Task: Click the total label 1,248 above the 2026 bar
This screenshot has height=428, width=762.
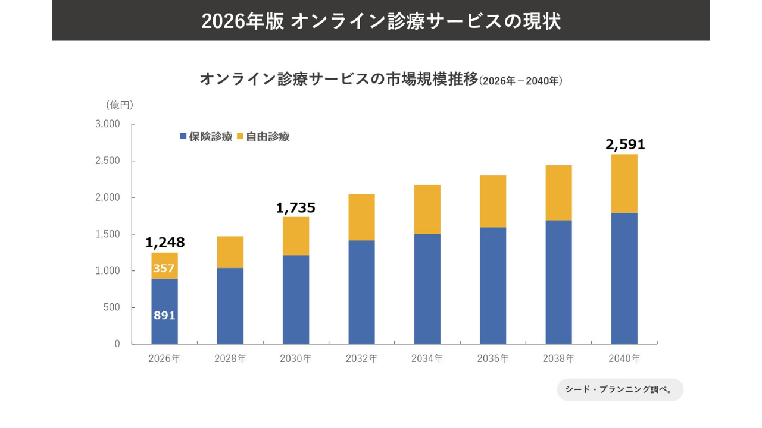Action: click(165, 243)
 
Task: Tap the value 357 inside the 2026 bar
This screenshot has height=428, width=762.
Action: click(164, 268)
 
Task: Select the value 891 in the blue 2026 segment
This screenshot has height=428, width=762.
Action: click(164, 316)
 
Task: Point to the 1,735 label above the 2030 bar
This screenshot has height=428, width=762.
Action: click(295, 208)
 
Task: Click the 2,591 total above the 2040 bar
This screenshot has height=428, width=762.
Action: click(625, 144)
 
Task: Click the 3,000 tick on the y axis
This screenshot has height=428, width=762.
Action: click(108, 124)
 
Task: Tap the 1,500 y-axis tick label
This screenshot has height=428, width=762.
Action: click(108, 234)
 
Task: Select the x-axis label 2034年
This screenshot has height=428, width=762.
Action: click(427, 359)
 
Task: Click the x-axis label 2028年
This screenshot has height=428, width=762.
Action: click(230, 359)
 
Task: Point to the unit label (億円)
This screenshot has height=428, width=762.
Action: click(120, 105)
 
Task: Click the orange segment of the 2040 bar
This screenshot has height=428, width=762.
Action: click(624, 184)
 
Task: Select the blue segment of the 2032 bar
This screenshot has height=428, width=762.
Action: click(361, 292)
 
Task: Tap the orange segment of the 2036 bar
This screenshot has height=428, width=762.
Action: click(493, 202)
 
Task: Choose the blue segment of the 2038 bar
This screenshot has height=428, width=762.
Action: click(558, 282)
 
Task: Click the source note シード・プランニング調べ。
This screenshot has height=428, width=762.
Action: click(620, 390)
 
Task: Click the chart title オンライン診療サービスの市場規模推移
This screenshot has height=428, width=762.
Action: click(339, 79)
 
